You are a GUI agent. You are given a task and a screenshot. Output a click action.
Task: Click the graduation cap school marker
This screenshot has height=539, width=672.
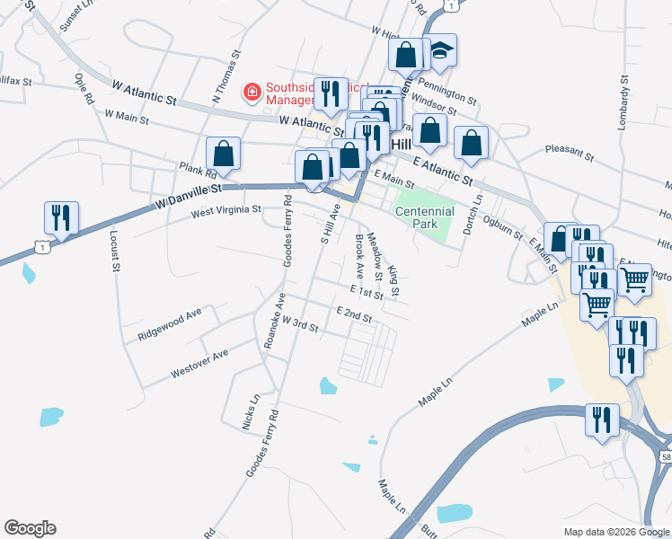(x=440, y=51)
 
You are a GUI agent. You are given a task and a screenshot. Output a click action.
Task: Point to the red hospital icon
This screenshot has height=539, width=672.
(x=252, y=91)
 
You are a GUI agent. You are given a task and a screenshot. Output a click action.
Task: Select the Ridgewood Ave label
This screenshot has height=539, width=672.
(x=171, y=324)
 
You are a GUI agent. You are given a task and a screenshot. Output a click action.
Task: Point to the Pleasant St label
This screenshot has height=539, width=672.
(x=570, y=154)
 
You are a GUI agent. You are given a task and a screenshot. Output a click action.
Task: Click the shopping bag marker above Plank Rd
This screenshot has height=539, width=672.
(x=223, y=155)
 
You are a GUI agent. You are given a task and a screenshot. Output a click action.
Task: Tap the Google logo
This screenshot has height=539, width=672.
(x=30, y=528)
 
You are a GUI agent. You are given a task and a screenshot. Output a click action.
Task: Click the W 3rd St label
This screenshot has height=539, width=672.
(x=300, y=323)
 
